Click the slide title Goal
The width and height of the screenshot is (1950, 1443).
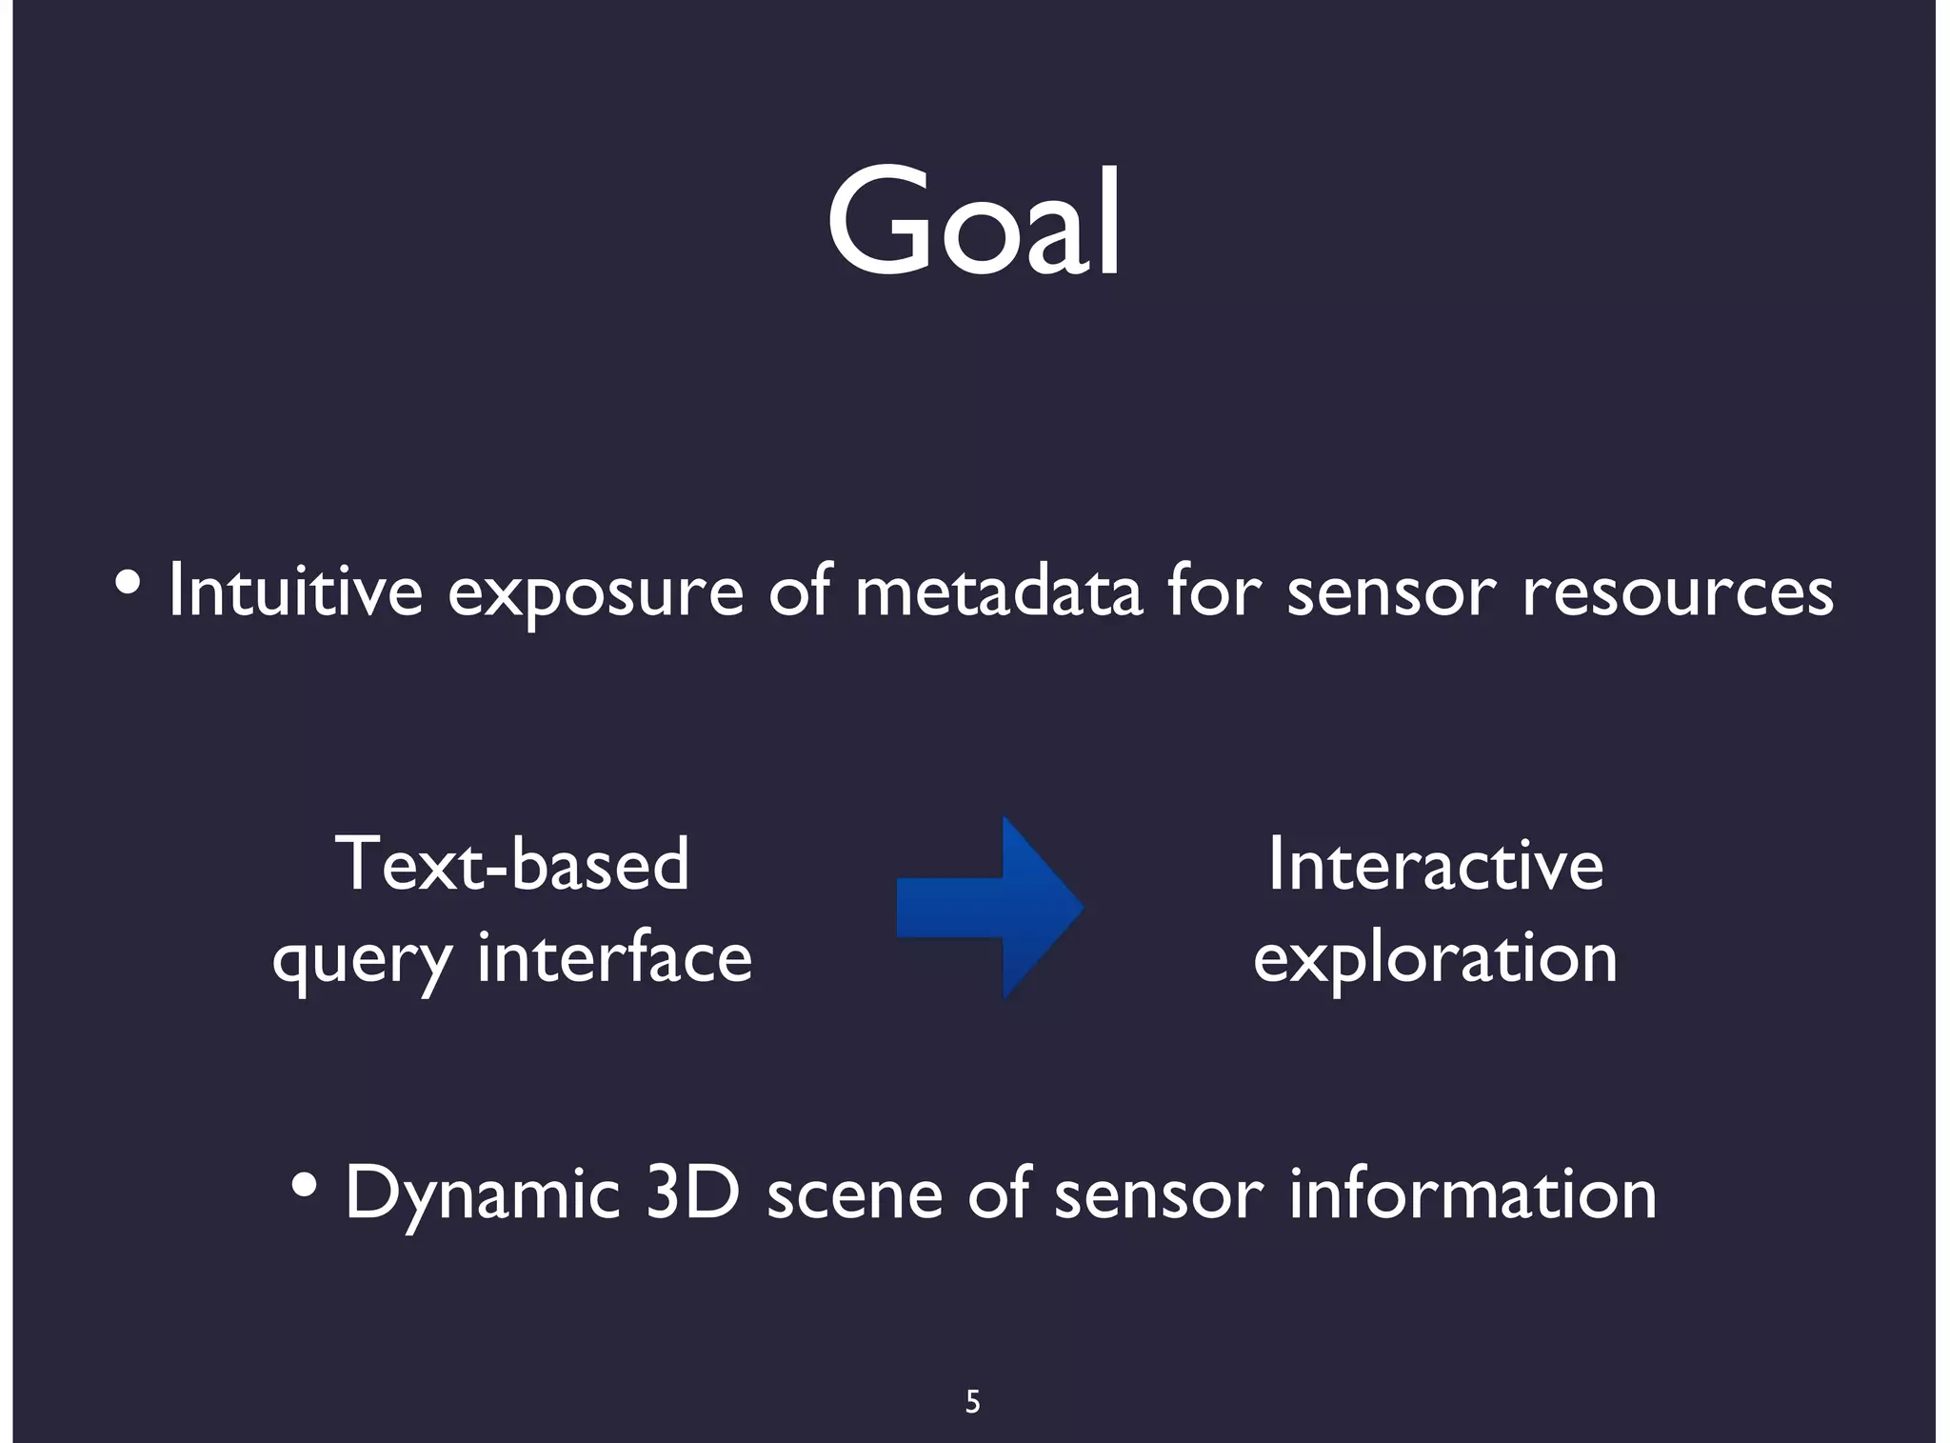973,224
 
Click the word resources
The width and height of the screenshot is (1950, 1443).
1677,592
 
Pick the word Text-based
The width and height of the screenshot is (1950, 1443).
511,864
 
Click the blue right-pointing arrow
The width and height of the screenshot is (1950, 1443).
990,907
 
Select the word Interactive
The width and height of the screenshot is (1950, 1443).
1436,864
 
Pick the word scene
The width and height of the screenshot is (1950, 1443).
854,1194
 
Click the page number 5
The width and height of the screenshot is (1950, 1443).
972,1401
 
